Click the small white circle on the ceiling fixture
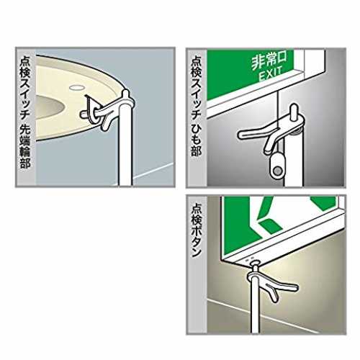point(77,88)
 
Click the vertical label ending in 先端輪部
point(25,112)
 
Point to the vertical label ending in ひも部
point(196,106)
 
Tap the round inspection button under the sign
point(256,263)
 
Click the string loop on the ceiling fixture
point(91,110)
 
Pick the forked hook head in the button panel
point(272,283)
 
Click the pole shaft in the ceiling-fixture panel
point(125,146)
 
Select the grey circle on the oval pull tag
point(278,171)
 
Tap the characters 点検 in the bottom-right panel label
point(197,214)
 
